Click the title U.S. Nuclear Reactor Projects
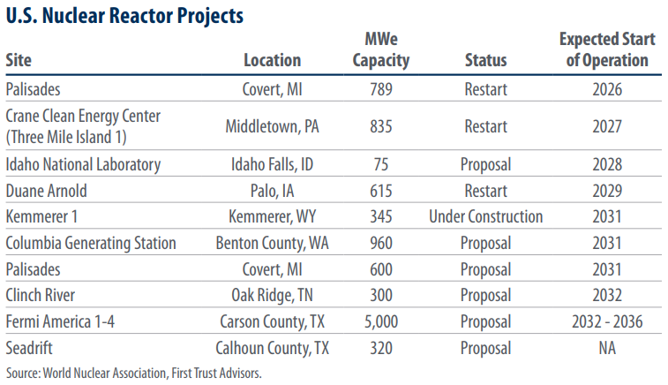[124, 16]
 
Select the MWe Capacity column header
[381, 49]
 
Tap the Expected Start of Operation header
[607, 49]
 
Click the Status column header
[485, 60]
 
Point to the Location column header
[272, 60]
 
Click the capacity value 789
[381, 89]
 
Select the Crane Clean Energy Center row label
[83, 126]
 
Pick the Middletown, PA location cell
[272, 126]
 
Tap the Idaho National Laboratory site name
[83, 164]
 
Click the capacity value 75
[381, 164]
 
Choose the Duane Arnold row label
[46, 191]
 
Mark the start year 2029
[607, 191]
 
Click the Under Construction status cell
[485, 216]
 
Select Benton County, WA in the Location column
[272, 243]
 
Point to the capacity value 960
[381, 243]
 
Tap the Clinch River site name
[40, 295]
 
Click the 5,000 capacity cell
[381, 322]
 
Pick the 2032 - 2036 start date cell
[607, 321]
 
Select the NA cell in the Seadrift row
[607, 348]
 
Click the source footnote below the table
[134, 373]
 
